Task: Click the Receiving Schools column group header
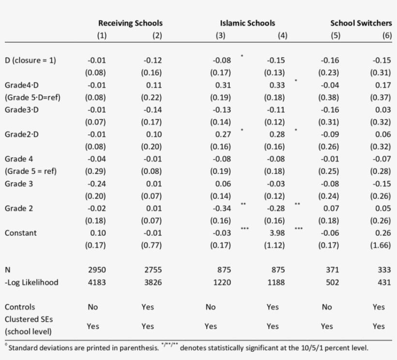coord(130,23)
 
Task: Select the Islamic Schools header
coord(247,23)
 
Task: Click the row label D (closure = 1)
coord(31,60)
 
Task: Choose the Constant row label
coord(20,233)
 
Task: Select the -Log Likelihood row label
coord(31,282)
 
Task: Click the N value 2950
coord(96,270)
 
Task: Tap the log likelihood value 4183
coord(96,282)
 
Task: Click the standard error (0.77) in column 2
coord(151,245)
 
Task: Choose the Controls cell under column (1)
coord(92,307)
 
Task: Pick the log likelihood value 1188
coord(275,282)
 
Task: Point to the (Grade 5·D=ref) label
coord(32,97)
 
